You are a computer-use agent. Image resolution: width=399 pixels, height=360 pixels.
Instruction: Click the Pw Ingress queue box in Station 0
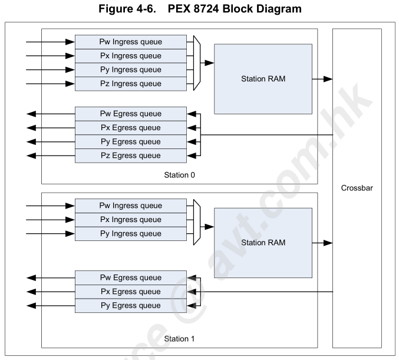pyautogui.click(x=130, y=42)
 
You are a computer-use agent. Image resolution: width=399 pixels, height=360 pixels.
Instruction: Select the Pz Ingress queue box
pyautogui.click(x=130, y=84)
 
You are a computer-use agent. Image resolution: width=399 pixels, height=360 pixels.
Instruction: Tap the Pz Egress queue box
pyautogui.click(x=130, y=156)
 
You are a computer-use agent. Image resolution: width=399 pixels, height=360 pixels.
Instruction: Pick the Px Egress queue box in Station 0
pyautogui.click(x=130, y=128)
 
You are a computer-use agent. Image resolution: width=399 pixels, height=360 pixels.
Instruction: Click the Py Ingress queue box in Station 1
pyautogui.click(x=130, y=233)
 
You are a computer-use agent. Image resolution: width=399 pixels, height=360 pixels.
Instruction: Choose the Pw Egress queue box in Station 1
pyautogui.click(x=130, y=278)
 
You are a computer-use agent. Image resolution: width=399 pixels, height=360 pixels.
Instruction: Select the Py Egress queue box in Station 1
pyautogui.click(x=130, y=305)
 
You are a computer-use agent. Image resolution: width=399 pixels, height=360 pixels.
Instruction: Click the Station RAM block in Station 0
pyautogui.click(x=263, y=78)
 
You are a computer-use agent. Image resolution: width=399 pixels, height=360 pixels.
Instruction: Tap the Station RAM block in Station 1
pyautogui.click(x=263, y=242)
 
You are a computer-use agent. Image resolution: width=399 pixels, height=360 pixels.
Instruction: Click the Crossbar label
pyautogui.click(x=357, y=188)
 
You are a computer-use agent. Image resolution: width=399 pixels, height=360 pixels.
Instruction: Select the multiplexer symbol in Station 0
pyautogui.click(x=197, y=63)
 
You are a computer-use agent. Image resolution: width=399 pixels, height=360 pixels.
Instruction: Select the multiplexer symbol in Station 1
pyautogui.click(x=197, y=220)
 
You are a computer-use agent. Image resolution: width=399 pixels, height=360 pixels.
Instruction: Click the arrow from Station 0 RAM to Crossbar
pyautogui.click(x=322, y=78)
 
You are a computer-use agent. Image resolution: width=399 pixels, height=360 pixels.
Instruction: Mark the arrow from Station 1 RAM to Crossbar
pyautogui.click(x=322, y=242)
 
